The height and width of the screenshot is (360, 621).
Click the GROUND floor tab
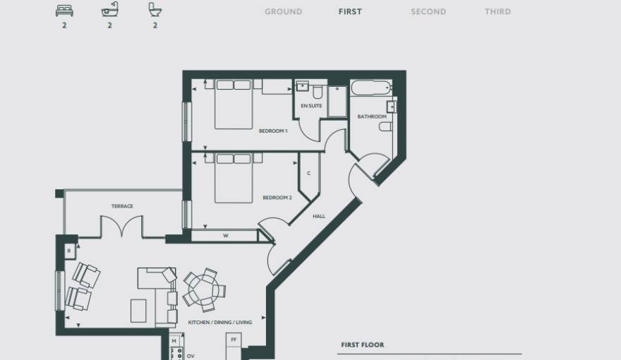pyautogui.click(x=283, y=12)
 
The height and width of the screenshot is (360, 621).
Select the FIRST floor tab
pyautogui.click(x=350, y=12)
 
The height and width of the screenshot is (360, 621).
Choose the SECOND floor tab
pyautogui.click(x=428, y=12)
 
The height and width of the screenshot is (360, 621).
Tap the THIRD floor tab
pyautogui.click(x=498, y=12)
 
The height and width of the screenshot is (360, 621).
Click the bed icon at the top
pyautogui.click(x=64, y=11)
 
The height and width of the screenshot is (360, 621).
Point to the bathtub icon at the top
pyautogui.click(x=109, y=11)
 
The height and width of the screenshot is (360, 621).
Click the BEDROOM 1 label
pyautogui.click(x=273, y=131)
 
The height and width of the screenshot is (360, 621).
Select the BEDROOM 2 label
pyautogui.click(x=277, y=198)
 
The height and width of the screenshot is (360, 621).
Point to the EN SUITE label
pyautogui.click(x=311, y=106)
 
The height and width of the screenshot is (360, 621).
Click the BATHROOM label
pyautogui.click(x=372, y=116)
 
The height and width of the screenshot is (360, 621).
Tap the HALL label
pyautogui.click(x=319, y=217)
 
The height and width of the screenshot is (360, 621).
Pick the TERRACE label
pyautogui.click(x=122, y=207)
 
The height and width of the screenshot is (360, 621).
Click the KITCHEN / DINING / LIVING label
pyautogui.click(x=219, y=323)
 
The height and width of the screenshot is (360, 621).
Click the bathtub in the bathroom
pyautogui.click(x=371, y=90)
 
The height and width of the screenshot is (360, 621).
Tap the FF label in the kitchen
pyautogui.click(x=234, y=340)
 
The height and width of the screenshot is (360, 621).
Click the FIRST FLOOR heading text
pyautogui.click(x=363, y=345)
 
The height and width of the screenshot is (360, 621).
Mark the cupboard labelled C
pyautogui.click(x=309, y=174)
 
